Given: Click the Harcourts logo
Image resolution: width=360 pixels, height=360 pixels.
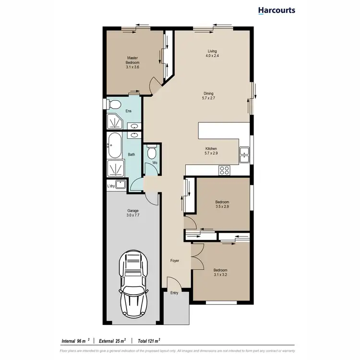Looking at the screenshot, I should click(x=276, y=10).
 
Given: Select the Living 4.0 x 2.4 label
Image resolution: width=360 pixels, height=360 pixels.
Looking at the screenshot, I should click(x=212, y=53).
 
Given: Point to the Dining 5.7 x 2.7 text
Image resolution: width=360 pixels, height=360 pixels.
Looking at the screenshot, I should click(x=208, y=96).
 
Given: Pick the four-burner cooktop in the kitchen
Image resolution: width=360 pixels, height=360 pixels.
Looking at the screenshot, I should click(x=224, y=169).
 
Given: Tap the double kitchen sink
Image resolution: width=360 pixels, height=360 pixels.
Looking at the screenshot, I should click(x=244, y=154).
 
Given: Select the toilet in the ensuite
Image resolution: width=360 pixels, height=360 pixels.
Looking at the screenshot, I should click(x=114, y=105).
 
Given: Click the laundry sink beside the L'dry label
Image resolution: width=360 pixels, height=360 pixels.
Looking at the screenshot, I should click(x=120, y=184).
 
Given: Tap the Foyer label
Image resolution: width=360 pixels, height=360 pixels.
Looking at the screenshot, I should click(x=175, y=261).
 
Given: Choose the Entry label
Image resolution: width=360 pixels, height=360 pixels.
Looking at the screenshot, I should click(x=174, y=293).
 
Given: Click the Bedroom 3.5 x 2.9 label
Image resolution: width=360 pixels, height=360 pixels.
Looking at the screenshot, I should click(x=222, y=204).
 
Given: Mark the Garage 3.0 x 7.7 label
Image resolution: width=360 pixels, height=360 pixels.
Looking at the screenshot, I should click(x=133, y=213).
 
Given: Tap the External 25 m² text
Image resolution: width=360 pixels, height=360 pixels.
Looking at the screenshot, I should click(x=112, y=341).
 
